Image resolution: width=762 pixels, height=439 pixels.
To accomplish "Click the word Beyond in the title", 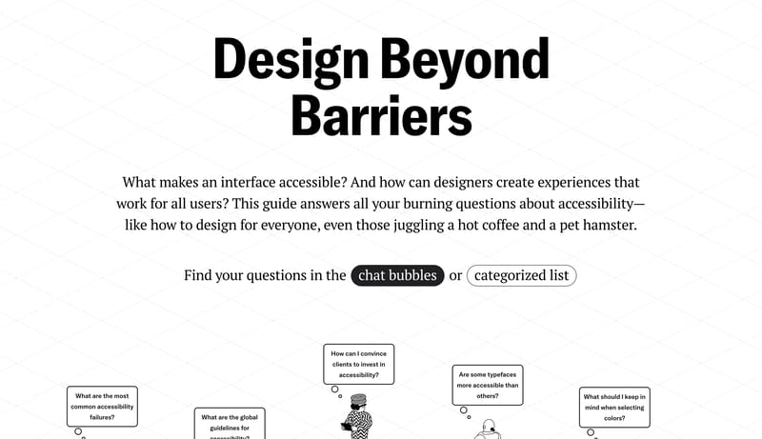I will (x=466, y=59).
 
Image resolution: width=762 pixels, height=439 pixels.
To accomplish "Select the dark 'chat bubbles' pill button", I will (x=397, y=275).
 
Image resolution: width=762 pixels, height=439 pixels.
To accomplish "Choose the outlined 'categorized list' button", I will (x=521, y=275).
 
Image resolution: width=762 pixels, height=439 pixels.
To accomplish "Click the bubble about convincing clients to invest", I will (x=358, y=364).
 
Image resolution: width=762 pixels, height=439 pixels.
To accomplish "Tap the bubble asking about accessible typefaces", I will (x=487, y=385).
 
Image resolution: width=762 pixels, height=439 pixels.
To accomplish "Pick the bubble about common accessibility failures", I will (x=102, y=406).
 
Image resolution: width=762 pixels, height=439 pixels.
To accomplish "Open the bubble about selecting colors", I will (x=614, y=407).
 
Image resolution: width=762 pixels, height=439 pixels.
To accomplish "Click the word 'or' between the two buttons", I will (x=455, y=276).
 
